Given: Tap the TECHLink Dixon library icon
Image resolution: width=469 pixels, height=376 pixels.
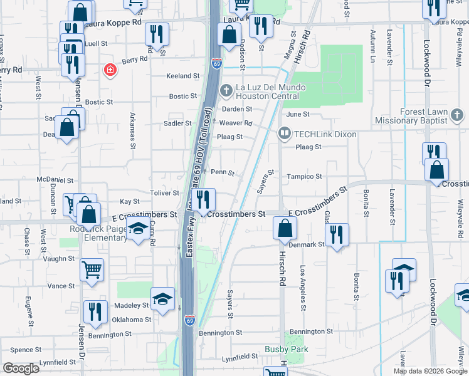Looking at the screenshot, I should (x=284, y=133).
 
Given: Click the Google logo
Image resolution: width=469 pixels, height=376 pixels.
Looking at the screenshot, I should (x=21, y=368).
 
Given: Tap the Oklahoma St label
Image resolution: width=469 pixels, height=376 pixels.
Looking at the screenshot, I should (x=132, y=320).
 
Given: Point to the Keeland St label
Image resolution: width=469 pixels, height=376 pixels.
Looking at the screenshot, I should (x=182, y=76).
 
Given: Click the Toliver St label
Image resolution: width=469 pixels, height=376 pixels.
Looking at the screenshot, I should (x=164, y=193).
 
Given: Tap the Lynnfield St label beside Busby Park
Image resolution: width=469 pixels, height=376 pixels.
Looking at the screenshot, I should (x=240, y=357).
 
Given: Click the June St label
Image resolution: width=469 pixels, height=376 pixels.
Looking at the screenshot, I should (x=298, y=114).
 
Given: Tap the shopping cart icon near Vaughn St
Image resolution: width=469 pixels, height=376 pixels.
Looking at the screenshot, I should (x=92, y=269).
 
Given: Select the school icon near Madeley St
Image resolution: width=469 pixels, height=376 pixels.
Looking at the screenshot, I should (x=162, y=298).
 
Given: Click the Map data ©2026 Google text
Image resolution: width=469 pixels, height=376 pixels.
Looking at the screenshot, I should (x=429, y=371).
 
